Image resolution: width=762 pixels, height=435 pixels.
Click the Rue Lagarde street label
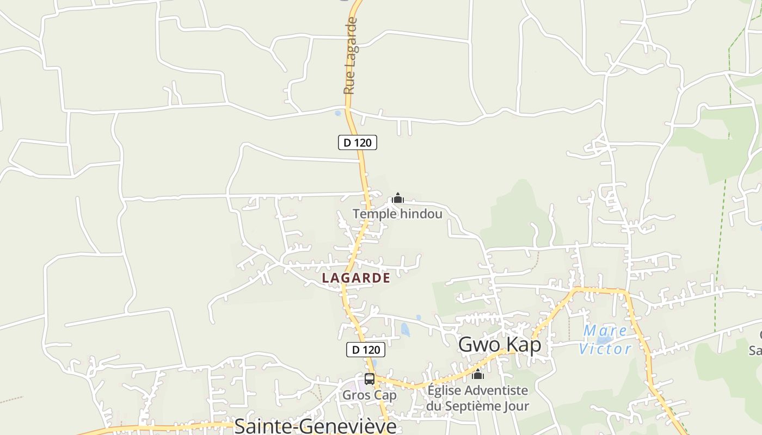[351, 55]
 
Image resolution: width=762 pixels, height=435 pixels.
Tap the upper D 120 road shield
[358, 142]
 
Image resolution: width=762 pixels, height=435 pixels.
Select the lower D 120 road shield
[366, 350]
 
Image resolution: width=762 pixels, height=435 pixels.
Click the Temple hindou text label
[397, 214]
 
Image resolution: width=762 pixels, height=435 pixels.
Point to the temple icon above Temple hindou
[398, 198]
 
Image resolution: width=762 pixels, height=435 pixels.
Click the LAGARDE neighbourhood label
[356, 278]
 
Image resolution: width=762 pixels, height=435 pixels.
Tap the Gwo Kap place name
[500, 345]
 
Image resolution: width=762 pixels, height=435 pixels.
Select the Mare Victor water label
[605, 339]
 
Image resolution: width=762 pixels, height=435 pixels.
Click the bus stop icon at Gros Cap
[370, 379]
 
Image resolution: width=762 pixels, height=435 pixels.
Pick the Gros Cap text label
[370, 395]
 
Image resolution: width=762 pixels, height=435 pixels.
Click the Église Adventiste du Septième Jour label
[477, 398]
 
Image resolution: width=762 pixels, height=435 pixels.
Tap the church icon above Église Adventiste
[478, 375]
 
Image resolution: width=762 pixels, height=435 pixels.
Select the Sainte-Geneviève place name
[315, 426]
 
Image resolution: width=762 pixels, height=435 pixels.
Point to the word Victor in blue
[605, 349]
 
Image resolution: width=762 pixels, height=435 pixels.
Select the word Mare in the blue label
[605, 330]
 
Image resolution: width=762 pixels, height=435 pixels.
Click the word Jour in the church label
[516, 406]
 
